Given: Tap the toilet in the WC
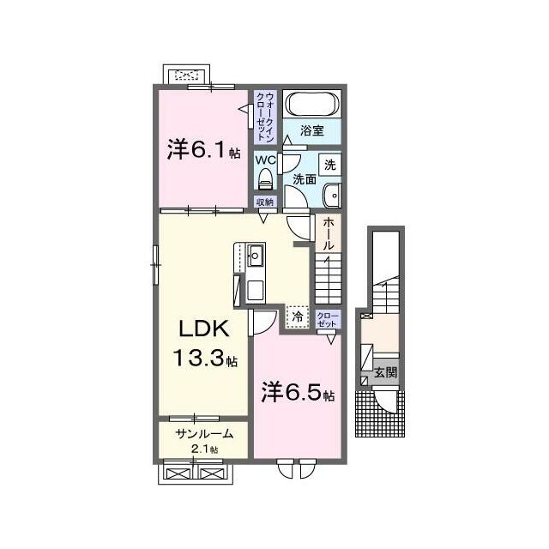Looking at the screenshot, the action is pos(265,179).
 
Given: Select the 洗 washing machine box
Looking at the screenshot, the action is pos(329,165).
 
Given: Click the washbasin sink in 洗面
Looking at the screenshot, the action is pos(332,196).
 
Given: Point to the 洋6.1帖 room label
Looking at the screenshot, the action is pos(204,150).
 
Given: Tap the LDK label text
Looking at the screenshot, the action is pos(204,329).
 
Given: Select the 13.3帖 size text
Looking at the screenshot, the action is pos(204,358).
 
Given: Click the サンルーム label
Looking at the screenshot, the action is pos(204,434).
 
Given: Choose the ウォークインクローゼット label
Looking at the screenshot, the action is pos(265,117).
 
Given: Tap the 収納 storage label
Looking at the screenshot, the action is pos(265,202).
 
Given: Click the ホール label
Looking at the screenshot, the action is pos(328,233).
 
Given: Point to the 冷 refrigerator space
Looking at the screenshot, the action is pos(298,317).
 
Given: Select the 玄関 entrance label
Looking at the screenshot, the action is pos(386,372).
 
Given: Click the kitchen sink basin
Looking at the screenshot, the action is pos(256,256).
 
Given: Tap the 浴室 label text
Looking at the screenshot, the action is pos(311,130).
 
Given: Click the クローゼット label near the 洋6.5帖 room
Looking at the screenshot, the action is pos(328,319).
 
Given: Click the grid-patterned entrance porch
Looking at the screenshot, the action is pos(380,413).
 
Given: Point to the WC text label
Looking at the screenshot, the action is pos(266,160).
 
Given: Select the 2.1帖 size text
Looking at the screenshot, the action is pos(204,449).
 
